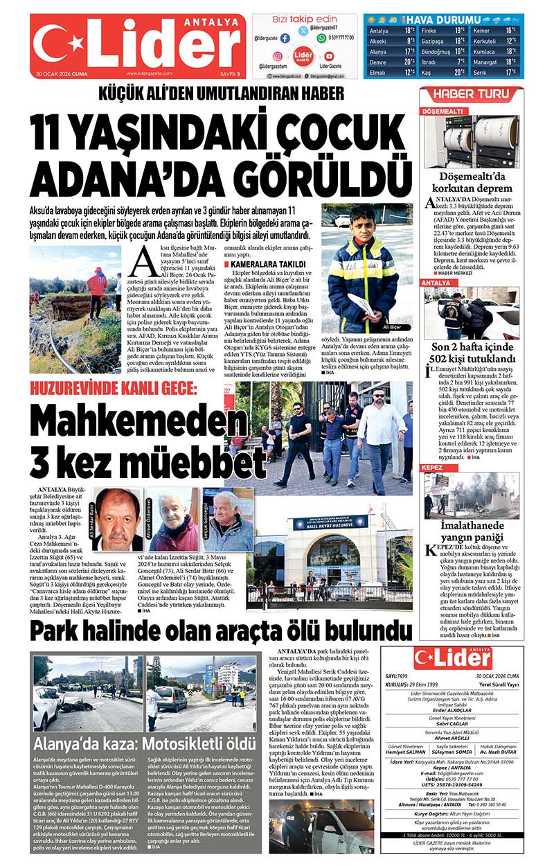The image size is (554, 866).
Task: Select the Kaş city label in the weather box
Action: pyautogui.click(x=428, y=71)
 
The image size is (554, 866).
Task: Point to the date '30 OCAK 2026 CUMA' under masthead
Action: pyautogui.click(x=62, y=73)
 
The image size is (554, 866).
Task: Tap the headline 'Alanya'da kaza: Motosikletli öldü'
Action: pyautogui.click(x=145, y=744)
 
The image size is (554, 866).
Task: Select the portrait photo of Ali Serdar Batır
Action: pyautogui.click(x=118, y=520)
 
